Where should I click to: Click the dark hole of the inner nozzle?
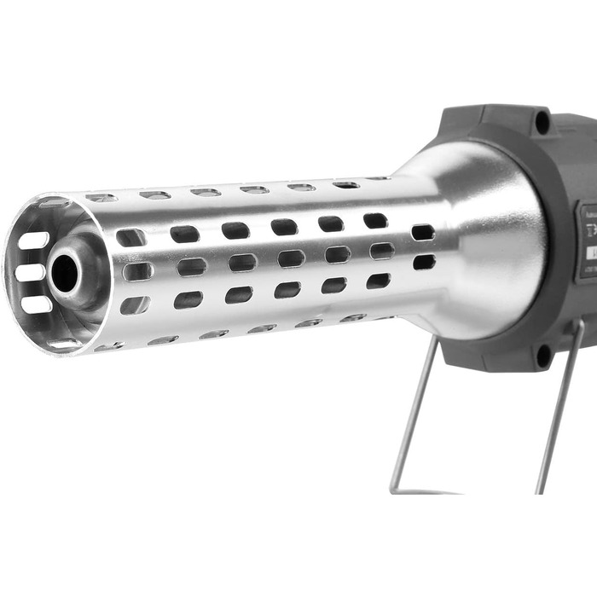[64, 273]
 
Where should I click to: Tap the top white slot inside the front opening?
[33, 241]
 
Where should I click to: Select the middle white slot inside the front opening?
[30, 273]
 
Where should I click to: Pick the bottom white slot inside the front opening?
[36, 304]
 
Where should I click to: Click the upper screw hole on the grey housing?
[542, 122]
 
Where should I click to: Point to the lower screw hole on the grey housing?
[542, 355]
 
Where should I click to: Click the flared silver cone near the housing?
[486, 239]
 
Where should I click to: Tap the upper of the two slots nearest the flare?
[422, 232]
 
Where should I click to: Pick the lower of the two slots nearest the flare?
[423, 262]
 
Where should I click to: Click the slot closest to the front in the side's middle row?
[136, 271]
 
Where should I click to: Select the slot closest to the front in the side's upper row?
[130, 237]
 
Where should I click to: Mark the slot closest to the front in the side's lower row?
[135, 304]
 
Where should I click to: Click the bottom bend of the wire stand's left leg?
[395, 488]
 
